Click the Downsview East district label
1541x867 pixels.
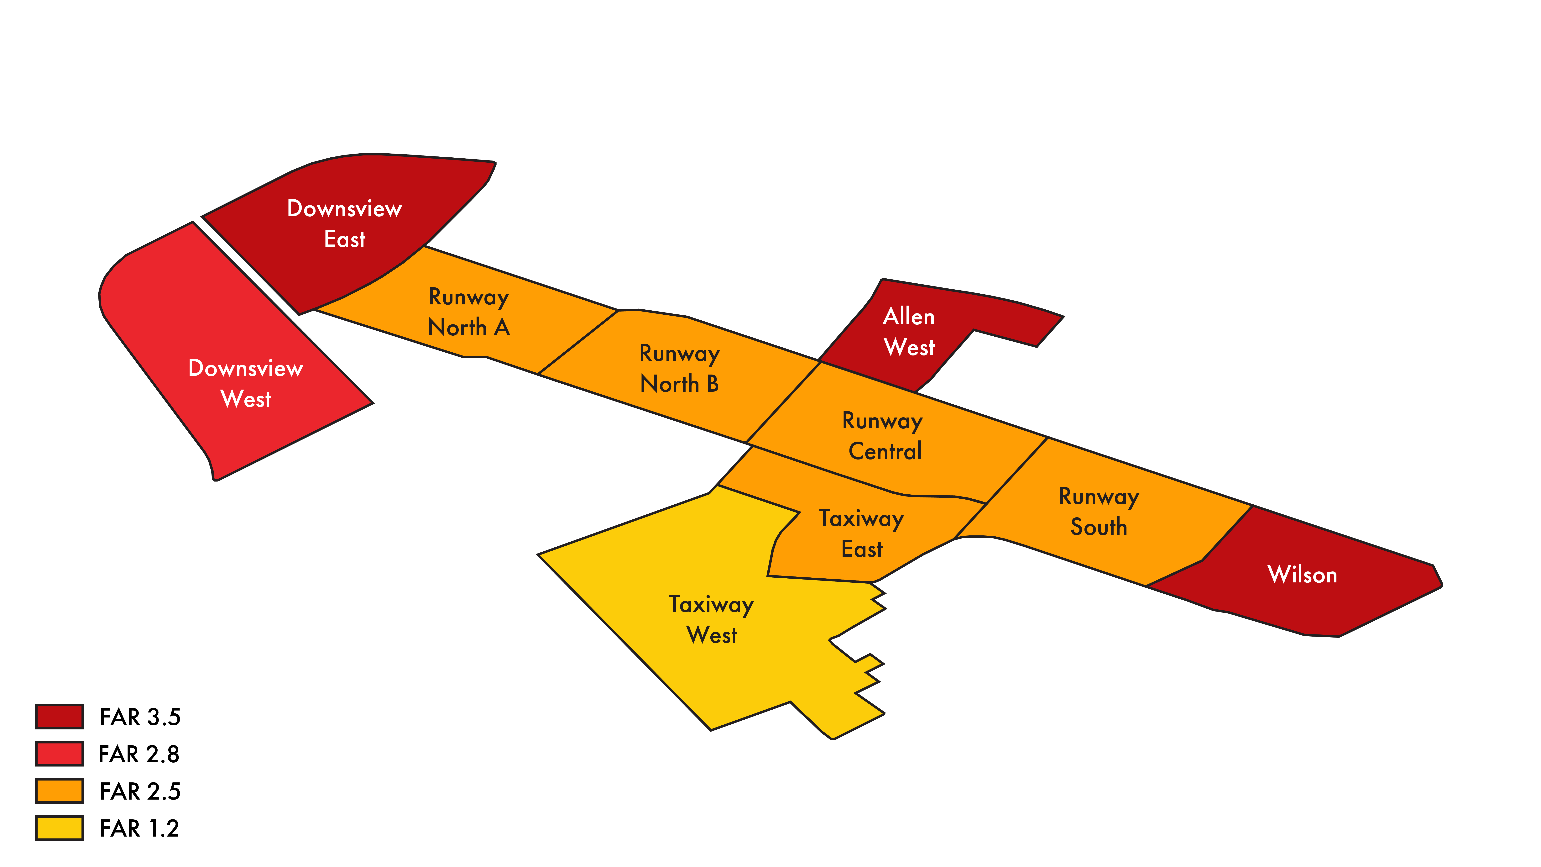point(345,224)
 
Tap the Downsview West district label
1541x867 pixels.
point(245,384)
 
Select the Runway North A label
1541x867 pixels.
point(469,312)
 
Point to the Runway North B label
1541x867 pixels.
point(680,369)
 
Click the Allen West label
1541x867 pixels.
point(909,331)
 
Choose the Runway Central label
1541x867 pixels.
point(883,436)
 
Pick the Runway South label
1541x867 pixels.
point(1099,512)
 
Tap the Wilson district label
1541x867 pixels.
point(1302,574)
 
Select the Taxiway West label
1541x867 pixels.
point(711,619)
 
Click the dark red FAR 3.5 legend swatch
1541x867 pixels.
point(59,716)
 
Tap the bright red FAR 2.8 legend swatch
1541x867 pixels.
point(59,753)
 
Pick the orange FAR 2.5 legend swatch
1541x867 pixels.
point(59,790)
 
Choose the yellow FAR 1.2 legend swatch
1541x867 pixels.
point(59,828)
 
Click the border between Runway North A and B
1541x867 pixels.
point(578,342)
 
